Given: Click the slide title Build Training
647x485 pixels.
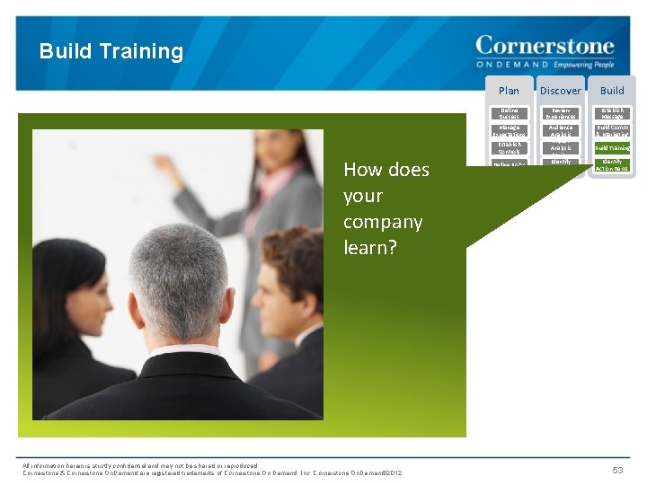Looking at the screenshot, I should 111,51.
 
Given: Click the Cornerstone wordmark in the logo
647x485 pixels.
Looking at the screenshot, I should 545,46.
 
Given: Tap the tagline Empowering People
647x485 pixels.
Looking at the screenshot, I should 584,65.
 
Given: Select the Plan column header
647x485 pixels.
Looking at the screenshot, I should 509,90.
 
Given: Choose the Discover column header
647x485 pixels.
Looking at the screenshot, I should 560,90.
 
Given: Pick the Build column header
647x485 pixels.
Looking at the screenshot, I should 612,90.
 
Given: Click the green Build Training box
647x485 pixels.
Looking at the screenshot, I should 612,147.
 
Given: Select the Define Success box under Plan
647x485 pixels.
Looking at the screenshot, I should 509,113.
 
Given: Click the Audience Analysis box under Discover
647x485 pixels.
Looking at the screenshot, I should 560,130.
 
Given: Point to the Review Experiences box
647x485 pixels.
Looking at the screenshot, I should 560,113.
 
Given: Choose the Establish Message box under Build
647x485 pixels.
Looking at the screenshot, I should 612,113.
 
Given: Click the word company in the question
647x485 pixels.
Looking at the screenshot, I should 382,221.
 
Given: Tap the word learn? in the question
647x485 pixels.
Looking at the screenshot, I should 369,247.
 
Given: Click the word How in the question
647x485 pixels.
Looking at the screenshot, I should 362,170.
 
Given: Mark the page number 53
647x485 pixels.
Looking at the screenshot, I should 617,470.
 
